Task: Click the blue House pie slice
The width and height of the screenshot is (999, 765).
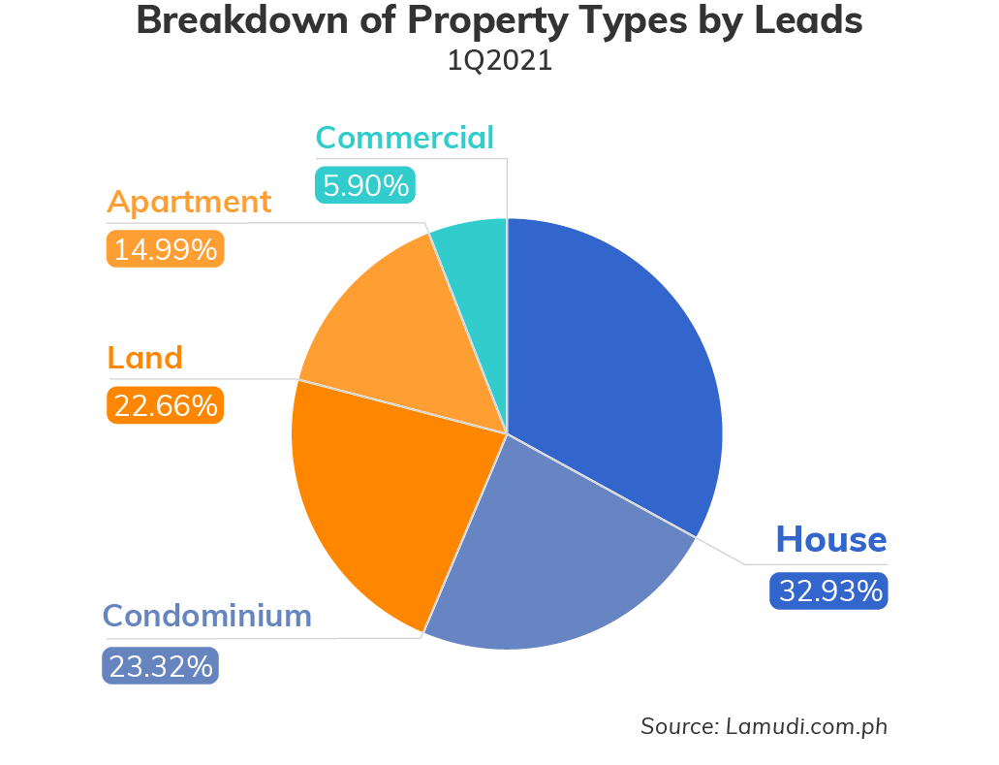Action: tap(620, 368)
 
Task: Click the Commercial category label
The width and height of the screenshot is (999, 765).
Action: tap(405, 138)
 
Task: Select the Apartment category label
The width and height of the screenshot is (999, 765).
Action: tap(189, 203)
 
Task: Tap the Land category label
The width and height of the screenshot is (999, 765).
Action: tap(144, 358)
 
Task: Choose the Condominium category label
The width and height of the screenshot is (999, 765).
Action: tap(207, 616)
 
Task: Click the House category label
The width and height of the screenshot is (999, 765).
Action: tap(831, 539)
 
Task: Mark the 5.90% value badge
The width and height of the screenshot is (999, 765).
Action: tap(365, 185)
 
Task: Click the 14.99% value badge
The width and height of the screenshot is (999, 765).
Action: tap(165, 249)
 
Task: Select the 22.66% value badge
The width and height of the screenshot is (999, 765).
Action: tap(165, 405)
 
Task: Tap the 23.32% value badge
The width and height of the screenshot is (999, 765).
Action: tap(161, 666)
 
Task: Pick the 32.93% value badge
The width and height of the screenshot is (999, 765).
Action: tap(829, 590)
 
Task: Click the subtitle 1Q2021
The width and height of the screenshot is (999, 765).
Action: tap(499, 61)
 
